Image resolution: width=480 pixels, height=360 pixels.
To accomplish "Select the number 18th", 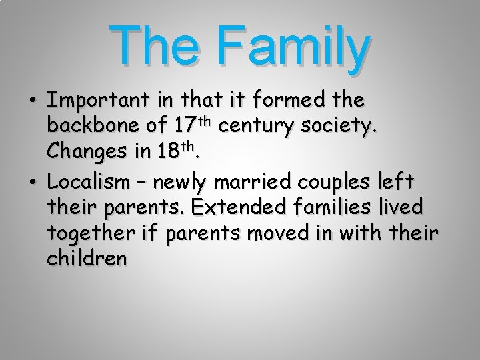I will click(174, 151).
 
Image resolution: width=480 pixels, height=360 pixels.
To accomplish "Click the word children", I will click(87, 259).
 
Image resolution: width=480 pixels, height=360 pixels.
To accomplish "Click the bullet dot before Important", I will click(32, 102).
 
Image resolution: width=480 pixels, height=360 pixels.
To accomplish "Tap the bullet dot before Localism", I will click(32, 183).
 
